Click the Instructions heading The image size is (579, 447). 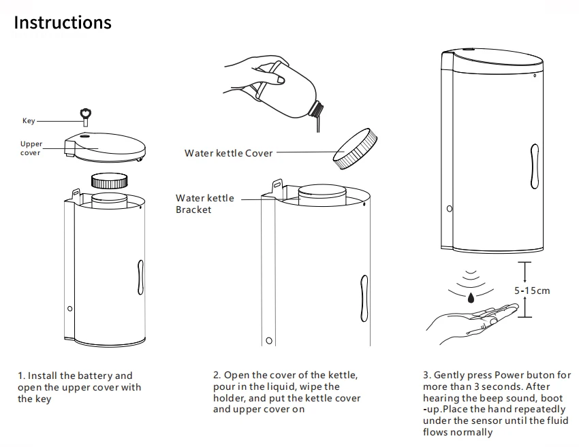click(x=63, y=22)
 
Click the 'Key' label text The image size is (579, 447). click(x=29, y=121)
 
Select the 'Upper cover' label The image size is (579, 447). click(x=31, y=148)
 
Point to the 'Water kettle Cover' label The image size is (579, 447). click(x=228, y=153)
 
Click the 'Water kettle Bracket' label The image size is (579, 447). click(x=204, y=204)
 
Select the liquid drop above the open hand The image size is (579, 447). click(x=471, y=297)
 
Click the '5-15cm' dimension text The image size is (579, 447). click(x=531, y=291)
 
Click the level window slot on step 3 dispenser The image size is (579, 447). click(x=535, y=166)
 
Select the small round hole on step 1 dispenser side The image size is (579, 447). click(x=69, y=310)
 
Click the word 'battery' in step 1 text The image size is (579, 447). click(x=95, y=376)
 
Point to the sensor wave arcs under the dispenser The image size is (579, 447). click(x=470, y=280)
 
